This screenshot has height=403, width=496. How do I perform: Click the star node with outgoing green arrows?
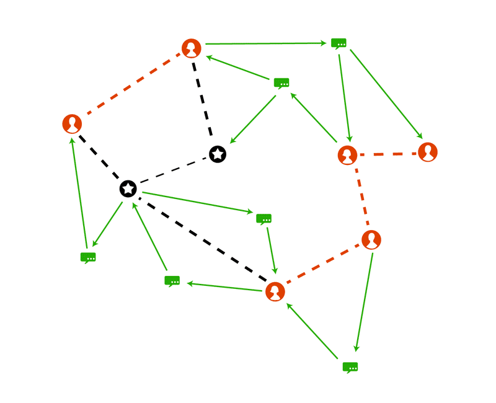tap(128, 188)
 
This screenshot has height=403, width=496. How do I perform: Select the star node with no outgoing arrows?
tap(218, 154)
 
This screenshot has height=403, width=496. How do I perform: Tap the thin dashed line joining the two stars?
tap(173, 171)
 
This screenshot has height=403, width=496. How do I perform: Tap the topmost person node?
tap(192, 48)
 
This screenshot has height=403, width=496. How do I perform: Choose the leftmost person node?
tap(73, 123)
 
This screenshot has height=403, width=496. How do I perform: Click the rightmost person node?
tap(428, 152)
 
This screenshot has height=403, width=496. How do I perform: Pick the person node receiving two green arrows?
tap(275, 291)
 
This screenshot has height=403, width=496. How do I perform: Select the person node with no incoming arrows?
tap(371, 239)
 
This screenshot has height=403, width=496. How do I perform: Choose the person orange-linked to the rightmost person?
tap(347, 155)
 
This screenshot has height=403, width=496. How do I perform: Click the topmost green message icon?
tap(339, 43)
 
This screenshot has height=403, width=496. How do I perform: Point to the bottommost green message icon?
tap(350, 366)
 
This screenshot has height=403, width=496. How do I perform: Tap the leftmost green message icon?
tap(88, 257)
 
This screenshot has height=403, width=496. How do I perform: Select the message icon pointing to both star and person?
tap(281, 82)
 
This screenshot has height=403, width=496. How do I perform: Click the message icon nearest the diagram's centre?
tap(264, 218)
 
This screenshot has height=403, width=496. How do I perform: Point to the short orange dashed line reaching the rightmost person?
tap(387, 154)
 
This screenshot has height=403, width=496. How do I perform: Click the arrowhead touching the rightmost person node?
tap(420, 136)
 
